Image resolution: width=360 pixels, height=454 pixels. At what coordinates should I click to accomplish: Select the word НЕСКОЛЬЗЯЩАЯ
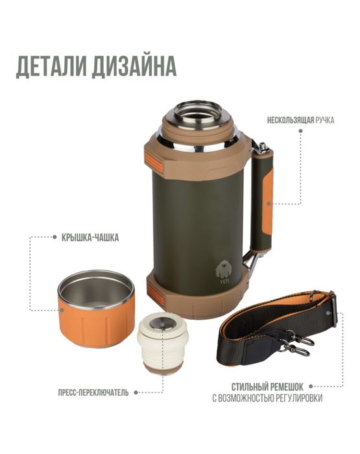(291, 119)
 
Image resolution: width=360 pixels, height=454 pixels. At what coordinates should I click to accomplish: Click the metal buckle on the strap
(332, 303)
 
